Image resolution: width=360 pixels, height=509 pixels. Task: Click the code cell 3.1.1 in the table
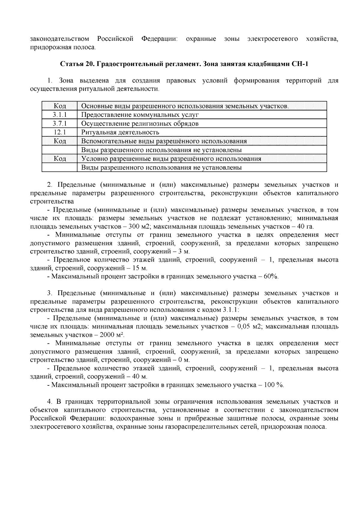pos(59,115)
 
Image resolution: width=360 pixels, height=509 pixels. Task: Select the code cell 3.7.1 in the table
pos(59,124)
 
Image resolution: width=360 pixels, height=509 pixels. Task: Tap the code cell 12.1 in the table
pos(59,132)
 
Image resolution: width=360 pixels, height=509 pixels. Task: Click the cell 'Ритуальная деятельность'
pos(120,132)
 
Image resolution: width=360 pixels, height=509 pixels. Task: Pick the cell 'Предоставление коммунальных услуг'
pos(140,115)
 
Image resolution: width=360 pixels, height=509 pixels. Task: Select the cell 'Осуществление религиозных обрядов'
pos(140,124)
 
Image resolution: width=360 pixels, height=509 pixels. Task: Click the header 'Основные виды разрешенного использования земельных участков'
pos(185,106)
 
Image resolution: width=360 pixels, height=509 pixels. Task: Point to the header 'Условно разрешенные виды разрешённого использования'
pos(171,159)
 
